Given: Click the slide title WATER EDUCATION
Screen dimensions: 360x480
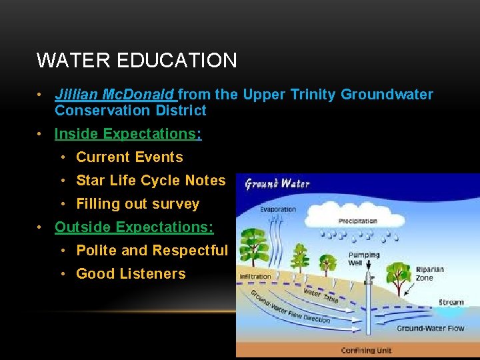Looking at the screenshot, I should (x=137, y=61).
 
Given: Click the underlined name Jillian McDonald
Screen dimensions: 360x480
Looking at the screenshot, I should (x=115, y=95).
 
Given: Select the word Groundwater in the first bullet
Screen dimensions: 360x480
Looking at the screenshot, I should (x=387, y=95).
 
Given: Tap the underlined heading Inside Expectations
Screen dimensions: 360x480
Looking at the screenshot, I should (x=128, y=134).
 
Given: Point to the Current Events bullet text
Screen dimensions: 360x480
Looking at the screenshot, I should (x=129, y=157).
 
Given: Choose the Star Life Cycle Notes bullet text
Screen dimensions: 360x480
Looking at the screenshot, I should (x=151, y=181).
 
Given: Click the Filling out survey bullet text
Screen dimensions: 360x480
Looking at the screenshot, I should (x=137, y=204).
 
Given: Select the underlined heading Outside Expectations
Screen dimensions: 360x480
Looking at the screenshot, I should (x=134, y=227).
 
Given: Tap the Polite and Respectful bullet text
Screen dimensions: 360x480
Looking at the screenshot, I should (x=152, y=251).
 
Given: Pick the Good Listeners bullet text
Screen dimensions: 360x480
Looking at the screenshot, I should (x=131, y=274).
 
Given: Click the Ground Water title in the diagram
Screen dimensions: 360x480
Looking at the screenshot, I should (x=277, y=183).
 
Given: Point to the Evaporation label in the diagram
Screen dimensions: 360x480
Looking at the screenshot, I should (x=278, y=209).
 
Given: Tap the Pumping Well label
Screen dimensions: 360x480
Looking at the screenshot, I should (x=363, y=259).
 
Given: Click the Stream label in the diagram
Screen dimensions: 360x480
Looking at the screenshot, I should (x=451, y=303).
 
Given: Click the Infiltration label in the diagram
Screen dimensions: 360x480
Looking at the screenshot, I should (x=255, y=276).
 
